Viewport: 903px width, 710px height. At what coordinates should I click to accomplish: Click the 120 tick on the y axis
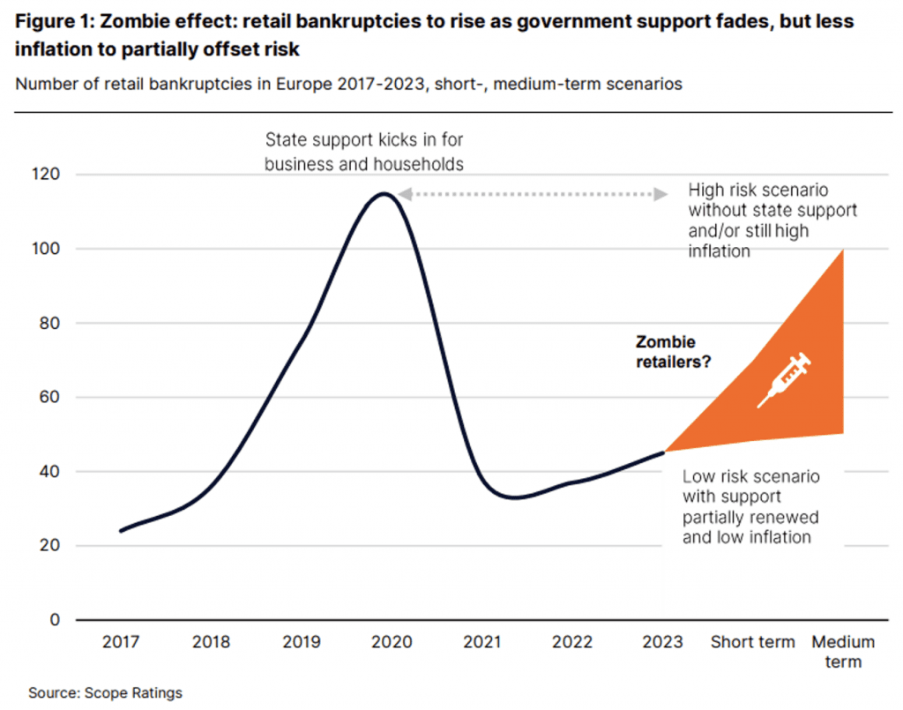[48, 175]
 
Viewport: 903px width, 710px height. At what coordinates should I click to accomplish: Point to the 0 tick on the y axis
[55, 619]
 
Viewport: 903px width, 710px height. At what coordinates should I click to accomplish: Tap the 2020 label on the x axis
[391, 642]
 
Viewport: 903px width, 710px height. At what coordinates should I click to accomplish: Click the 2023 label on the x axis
[662, 642]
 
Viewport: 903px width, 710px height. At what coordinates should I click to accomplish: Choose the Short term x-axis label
[752, 642]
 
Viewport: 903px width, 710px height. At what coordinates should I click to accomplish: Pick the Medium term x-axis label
[843, 651]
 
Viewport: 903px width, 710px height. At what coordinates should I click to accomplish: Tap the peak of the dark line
[384, 194]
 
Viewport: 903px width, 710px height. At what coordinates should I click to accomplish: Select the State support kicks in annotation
[364, 152]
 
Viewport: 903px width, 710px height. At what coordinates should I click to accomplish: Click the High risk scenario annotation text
[772, 220]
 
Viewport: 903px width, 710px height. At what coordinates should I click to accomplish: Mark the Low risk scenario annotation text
[750, 506]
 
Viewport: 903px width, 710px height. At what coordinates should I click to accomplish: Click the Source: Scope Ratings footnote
[105, 692]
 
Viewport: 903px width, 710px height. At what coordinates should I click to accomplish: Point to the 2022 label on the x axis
[572, 642]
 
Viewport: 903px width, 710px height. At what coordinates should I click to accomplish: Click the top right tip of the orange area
[843, 251]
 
